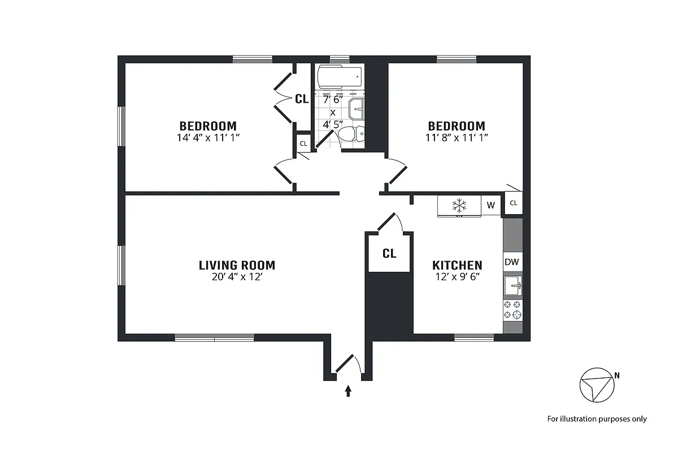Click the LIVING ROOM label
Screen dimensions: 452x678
[x=237, y=265]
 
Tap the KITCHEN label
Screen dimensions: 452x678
[x=457, y=265]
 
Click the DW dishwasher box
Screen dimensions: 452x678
[x=512, y=262]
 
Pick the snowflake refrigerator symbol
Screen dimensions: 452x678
[x=459, y=205]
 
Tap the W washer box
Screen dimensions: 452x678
[x=490, y=205]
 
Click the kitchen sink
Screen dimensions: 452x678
[x=512, y=286]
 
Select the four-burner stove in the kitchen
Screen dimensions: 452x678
[x=512, y=309]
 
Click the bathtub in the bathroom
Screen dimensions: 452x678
[x=339, y=77]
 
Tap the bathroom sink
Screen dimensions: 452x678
[x=357, y=108]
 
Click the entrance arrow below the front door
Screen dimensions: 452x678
[x=348, y=390]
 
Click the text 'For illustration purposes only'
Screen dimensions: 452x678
[x=597, y=419]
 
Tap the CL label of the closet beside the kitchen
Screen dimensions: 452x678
[x=389, y=253]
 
